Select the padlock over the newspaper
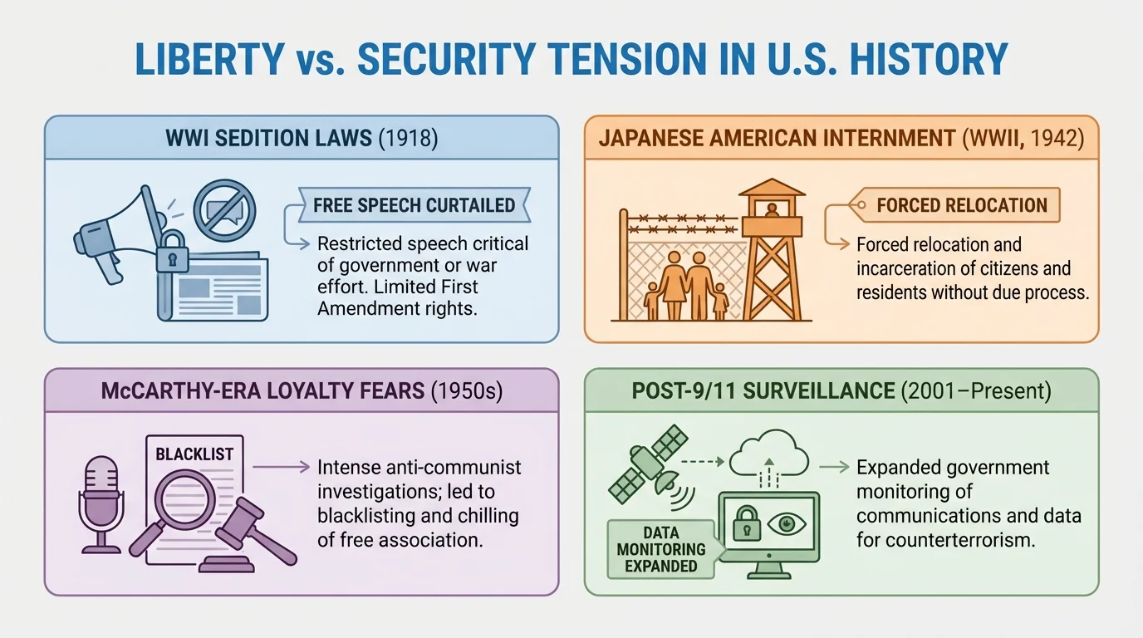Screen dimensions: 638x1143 coord(172,252)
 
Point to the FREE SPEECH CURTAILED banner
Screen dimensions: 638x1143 coord(413,205)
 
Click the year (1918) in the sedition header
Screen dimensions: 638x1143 coord(408,137)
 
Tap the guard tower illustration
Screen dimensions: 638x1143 coord(772,249)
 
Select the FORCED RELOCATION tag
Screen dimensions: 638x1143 coord(961,205)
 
